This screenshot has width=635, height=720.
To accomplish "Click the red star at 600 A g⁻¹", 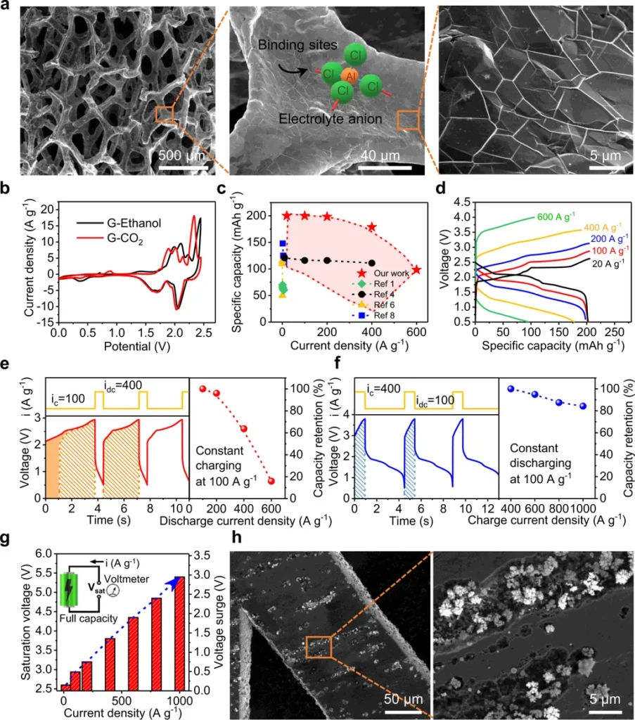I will pos(416,270).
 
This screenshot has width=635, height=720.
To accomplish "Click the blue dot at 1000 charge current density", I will pos(582,406).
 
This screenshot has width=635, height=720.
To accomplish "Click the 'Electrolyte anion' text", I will pos(331,119).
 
